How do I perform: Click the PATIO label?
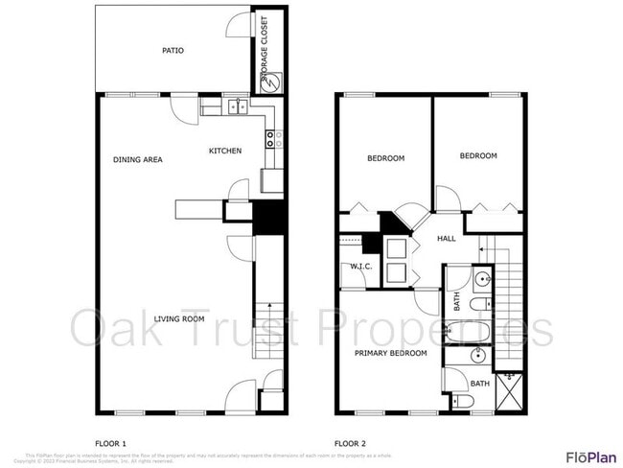[173, 51]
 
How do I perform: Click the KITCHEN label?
[226, 151]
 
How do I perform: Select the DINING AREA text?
[137, 159]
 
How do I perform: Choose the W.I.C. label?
[360, 266]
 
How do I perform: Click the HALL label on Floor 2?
[447, 239]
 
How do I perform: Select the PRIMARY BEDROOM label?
[390, 353]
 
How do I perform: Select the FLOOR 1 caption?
[111, 443]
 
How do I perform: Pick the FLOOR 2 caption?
[350, 443]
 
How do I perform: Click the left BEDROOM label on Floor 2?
[386, 158]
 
